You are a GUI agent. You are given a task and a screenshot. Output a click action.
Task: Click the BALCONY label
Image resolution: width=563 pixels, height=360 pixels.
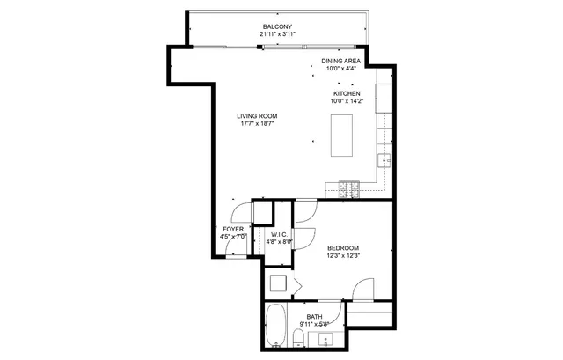point(277,26)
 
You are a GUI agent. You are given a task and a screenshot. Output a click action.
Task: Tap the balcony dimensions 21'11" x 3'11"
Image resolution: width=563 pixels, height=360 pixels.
point(277,34)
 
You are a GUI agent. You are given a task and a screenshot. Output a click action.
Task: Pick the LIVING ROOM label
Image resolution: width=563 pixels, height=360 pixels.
point(257,116)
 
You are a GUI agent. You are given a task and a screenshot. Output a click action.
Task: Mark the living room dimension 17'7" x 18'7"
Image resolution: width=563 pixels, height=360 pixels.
point(257,124)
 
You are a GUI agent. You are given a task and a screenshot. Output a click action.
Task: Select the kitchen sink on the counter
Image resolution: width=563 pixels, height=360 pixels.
point(384,159)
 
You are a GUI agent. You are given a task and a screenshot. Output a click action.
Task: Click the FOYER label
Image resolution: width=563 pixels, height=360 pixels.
point(232,229)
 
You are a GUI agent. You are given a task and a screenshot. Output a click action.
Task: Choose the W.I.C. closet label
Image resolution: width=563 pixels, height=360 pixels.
point(280,234)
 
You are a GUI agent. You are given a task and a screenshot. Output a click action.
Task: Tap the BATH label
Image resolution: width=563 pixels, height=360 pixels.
point(314,316)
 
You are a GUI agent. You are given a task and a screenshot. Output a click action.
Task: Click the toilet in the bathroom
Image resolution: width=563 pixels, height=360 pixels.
point(305,339)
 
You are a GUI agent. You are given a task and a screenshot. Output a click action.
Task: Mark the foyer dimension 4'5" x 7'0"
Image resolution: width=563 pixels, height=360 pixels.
point(232,237)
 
